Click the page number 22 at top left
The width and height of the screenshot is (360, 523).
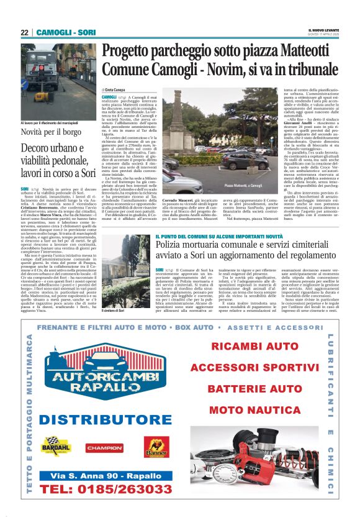click(x=24, y=32)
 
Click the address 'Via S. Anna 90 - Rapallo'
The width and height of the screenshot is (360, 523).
click(x=104, y=476)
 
